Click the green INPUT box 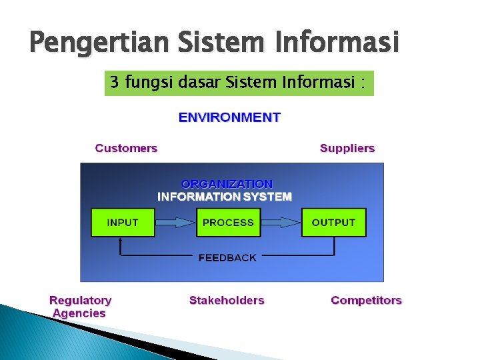point(123,223)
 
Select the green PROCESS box point(228,223)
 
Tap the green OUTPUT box point(333,223)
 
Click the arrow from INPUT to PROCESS point(175,223)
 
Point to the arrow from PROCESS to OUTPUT point(281,223)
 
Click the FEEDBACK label point(227,258)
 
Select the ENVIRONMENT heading point(229,118)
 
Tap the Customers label point(126,148)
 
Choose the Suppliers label point(347,148)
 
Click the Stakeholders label point(227,301)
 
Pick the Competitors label point(366,301)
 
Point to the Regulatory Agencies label point(80,307)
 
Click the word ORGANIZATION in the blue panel point(227,183)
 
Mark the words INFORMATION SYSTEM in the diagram point(225,197)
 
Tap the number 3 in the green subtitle point(115,83)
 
